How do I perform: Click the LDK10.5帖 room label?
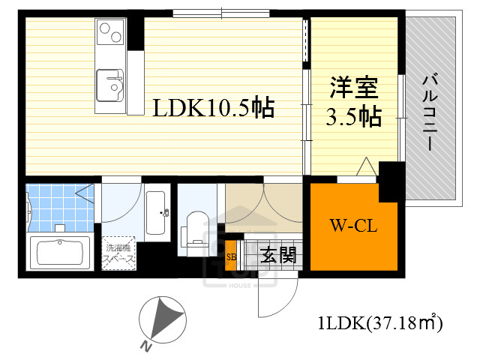tap(213, 109)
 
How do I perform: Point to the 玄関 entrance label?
tap(277, 254)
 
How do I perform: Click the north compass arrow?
tap(161, 319)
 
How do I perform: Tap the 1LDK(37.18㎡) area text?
tap(381, 324)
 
